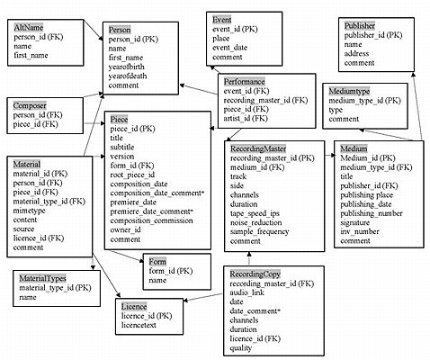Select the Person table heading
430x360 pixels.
point(121,30)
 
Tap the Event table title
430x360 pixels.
point(221,19)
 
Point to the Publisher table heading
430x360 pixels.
point(360,27)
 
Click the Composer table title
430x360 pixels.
point(31,105)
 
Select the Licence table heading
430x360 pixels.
point(135,306)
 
